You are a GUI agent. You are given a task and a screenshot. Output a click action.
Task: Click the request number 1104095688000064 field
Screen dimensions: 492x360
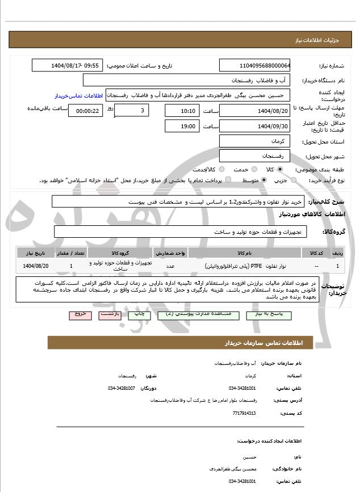tap(255, 65)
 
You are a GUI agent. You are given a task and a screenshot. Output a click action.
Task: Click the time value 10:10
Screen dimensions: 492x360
tap(182, 111)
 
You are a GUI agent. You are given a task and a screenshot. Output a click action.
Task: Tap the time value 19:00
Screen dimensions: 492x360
tap(182, 126)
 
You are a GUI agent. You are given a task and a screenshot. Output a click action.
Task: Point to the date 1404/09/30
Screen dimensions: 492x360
tap(255, 126)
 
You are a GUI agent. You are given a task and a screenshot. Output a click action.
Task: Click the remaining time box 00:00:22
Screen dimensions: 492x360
tap(86, 111)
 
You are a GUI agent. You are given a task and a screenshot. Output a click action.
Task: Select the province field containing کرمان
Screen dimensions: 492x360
tap(255, 140)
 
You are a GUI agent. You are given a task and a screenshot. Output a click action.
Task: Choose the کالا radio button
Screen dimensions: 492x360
tap(280, 169)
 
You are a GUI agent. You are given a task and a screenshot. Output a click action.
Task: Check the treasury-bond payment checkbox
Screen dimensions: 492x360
tap(228, 180)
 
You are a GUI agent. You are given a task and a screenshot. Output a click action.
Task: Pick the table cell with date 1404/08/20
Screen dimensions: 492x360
tap(36, 266)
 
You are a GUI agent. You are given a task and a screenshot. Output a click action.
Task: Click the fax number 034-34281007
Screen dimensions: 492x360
tap(121, 388)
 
